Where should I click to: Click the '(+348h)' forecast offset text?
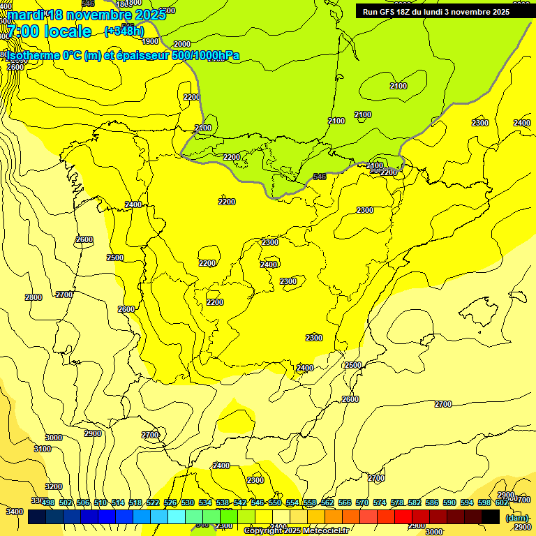[124, 31]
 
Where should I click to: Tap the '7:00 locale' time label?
[49, 31]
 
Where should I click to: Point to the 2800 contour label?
[33, 297]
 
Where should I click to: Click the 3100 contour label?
[43, 449]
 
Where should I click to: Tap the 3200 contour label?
[54, 486]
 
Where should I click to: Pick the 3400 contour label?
[14, 512]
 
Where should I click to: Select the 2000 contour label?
[181, 44]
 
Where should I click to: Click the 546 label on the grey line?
[320, 177]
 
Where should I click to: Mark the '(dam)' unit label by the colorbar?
[516, 518]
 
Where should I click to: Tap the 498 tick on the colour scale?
[48, 502]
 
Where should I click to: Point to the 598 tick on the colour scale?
[484, 502]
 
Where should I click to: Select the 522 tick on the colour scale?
[153, 502]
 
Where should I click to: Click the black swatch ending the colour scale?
[491, 516]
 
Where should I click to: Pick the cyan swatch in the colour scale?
[177, 516]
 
